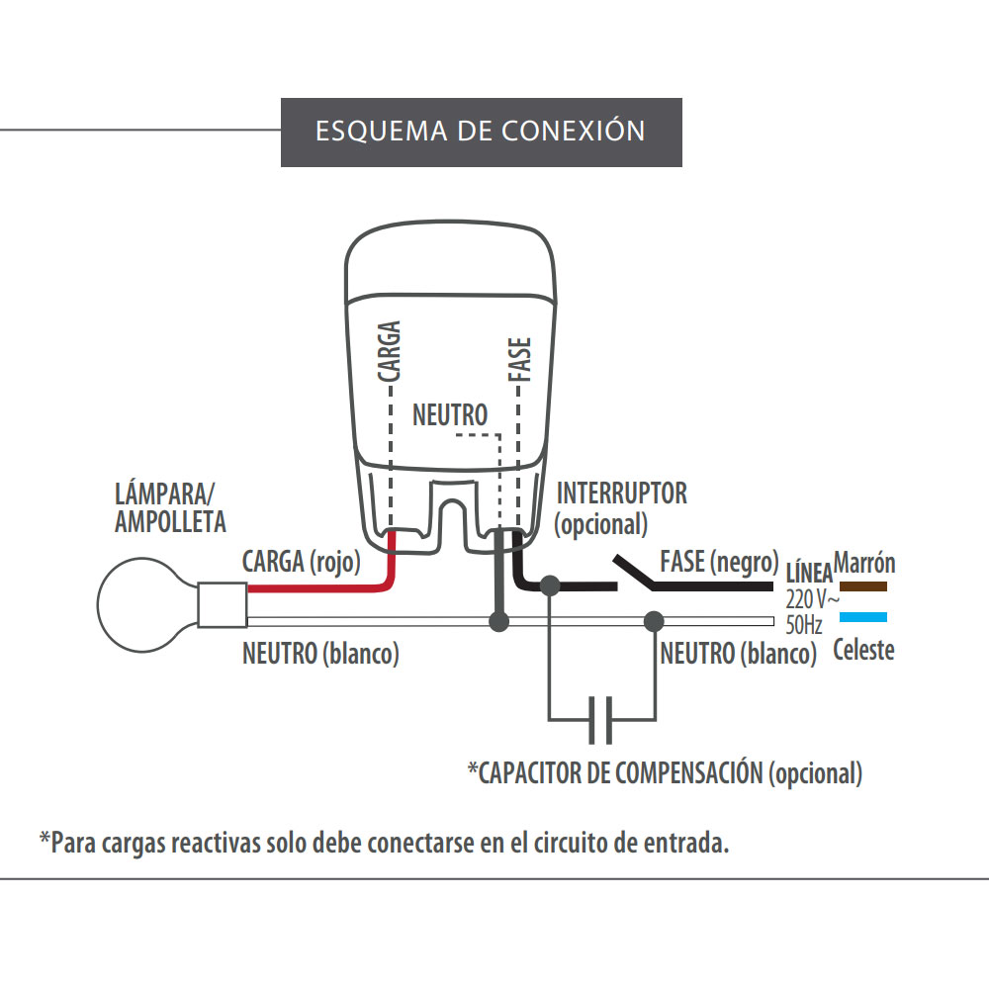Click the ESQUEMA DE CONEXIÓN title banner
pyautogui.click(x=482, y=132)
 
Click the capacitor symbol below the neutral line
pyautogui.click(x=601, y=719)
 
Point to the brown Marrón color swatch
pyautogui.click(x=862, y=586)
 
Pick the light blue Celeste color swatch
pyautogui.click(x=862, y=618)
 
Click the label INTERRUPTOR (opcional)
pyautogui.click(x=621, y=506)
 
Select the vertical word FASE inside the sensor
pyautogui.click(x=519, y=360)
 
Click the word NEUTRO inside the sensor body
pyautogui.click(x=450, y=413)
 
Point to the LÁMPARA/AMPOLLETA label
pyautogui.click(x=170, y=506)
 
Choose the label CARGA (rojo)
pyautogui.click(x=301, y=562)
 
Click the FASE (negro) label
pyautogui.click(x=718, y=562)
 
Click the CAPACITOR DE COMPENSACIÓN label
pyautogui.click(x=665, y=772)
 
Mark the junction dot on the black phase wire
pyautogui.click(x=551, y=585)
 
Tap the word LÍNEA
pyautogui.click(x=808, y=575)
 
